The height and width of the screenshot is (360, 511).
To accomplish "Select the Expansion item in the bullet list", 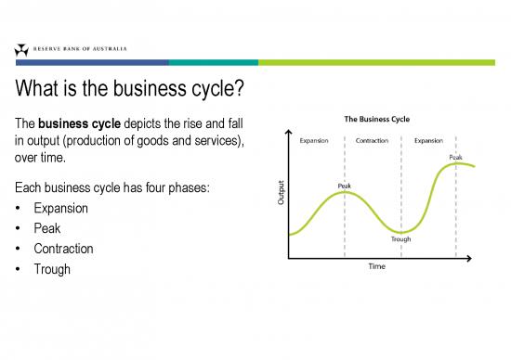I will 60,209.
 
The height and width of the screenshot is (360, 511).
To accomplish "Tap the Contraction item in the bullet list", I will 63,249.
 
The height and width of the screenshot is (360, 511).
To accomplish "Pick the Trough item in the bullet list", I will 51,269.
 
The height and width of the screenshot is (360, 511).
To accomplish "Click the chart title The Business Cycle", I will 383,119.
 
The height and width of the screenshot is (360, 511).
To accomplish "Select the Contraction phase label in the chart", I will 372,140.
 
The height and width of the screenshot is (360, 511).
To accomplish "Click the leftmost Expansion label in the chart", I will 316,140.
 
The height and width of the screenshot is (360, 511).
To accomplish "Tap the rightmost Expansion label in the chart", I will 428,140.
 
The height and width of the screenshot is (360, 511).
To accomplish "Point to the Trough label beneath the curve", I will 400,238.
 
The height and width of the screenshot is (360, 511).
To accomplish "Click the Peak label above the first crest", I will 344,185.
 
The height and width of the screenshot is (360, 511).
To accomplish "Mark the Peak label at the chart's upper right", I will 455,157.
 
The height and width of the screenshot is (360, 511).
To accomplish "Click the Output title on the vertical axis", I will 281,194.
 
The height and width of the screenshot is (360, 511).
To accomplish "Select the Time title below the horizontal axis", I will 377,266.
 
